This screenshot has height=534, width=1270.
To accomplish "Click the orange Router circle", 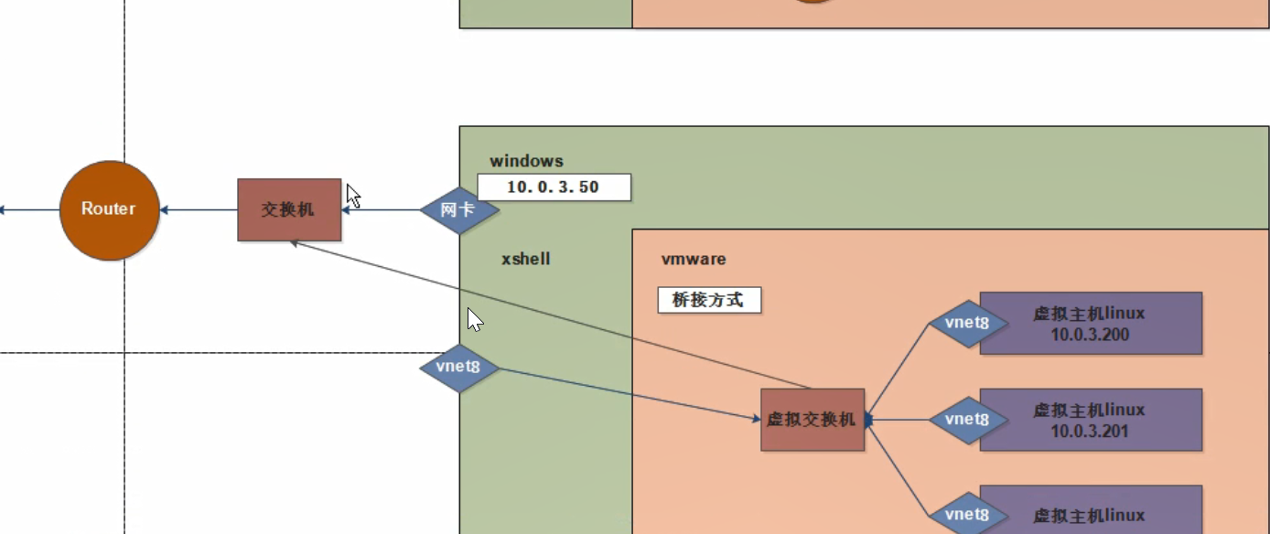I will pos(109,210).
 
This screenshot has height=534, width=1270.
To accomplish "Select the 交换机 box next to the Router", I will pos(289,210).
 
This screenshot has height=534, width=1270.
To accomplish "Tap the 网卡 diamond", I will pos(459,210).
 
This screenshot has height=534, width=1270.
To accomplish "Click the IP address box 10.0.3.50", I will pos(553,187).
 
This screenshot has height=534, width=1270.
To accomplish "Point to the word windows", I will pos(526,162).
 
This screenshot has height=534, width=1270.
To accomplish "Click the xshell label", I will pos(525,259).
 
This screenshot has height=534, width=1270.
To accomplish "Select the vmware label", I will pos(694,259).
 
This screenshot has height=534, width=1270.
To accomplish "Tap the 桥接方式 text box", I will pos(709,300).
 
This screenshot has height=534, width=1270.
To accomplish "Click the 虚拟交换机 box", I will pos(813,420).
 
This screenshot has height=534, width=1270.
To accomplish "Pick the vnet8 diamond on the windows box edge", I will pos(459,368).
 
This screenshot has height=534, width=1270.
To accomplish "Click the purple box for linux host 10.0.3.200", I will pos(1091,323).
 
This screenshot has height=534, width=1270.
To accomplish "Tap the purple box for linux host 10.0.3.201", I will pos(1091,420).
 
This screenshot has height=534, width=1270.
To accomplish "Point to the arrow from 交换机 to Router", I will pos(199,210).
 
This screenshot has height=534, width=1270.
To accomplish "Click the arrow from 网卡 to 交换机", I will pos(381,210).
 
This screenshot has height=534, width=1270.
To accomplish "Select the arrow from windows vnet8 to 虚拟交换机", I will pos(631,394).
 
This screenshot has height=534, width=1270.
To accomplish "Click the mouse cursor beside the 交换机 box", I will pos(353,196).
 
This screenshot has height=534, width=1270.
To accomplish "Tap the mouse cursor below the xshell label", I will pos(475,319).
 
